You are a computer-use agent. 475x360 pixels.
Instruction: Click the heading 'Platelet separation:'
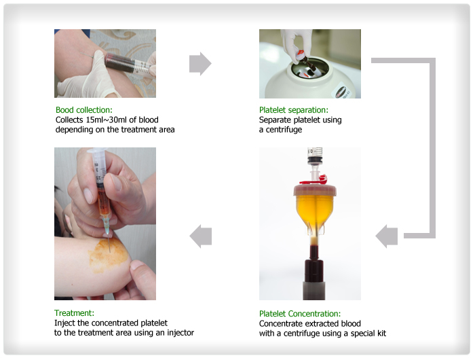tap(293, 109)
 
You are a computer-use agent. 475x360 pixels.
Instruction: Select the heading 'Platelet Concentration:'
tap(299, 314)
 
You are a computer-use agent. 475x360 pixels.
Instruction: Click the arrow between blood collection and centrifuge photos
tap(200, 64)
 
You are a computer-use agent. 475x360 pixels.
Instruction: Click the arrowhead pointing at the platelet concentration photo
tap(387, 236)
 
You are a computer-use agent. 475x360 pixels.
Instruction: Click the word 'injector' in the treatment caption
tap(178, 333)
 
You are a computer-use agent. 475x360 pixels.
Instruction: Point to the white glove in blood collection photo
tap(85, 82)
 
